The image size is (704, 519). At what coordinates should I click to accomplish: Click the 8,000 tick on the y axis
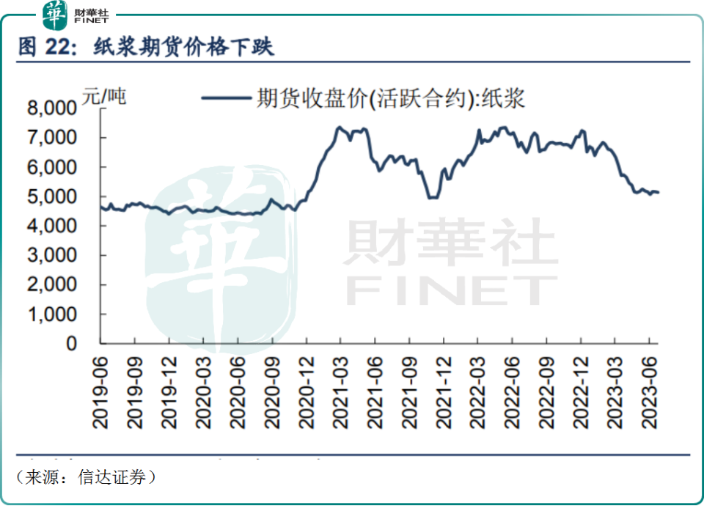(x=51, y=108)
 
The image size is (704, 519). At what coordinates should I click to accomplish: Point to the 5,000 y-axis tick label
(x=51, y=196)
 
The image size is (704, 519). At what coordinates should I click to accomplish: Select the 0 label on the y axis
(x=71, y=343)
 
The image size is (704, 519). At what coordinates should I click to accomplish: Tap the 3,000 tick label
(x=51, y=255)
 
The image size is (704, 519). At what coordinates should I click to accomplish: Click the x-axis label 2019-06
(x=100, y=389)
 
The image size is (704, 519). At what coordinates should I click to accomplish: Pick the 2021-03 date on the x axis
(x=340, y=389)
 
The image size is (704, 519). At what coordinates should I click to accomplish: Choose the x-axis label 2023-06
(x=650, y=389)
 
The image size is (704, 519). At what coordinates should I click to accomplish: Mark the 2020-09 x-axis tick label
(x=271, y=389)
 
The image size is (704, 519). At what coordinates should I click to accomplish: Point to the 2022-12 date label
(x=581, y=389)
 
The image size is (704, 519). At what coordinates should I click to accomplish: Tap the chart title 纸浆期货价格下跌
(x=183, y=48)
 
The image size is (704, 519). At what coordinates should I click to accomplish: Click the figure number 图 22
(x=45, y=48)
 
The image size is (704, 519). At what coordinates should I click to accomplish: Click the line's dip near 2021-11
(x=433, y=197)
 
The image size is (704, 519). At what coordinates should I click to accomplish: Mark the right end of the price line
(x=659, y=193)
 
